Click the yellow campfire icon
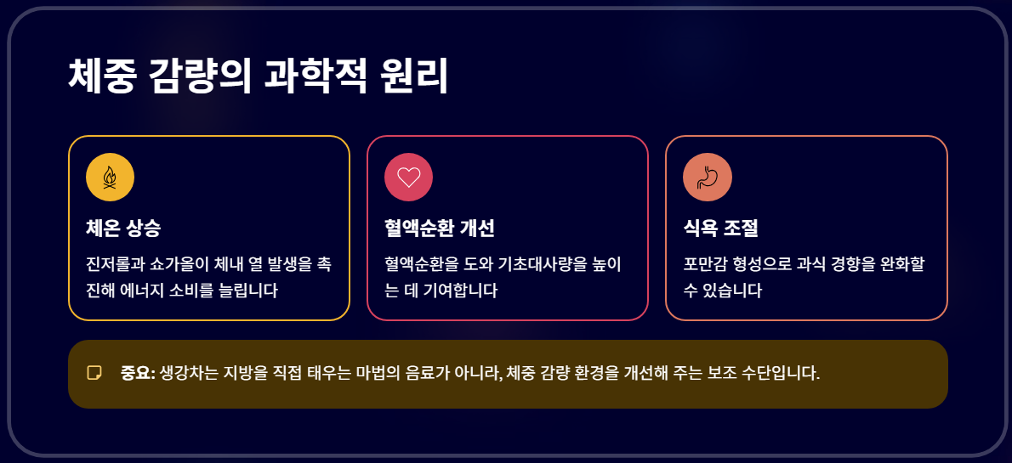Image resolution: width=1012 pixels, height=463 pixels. click(x=110, y=178)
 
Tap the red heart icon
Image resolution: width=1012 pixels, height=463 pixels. click(x=409, y=178)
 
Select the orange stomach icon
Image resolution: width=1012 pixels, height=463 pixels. click(x=708, y=178)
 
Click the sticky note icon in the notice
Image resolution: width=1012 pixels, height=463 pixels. click(x=94, y=373)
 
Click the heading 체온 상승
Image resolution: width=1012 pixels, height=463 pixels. click(x=123, y=229)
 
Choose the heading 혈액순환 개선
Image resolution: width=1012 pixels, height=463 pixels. click(x=439, y=229)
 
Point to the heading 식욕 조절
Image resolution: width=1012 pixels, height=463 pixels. click(x=720, y=229)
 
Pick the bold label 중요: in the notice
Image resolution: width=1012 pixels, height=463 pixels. click(x=138, y=373)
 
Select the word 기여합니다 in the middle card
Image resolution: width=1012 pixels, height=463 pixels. click(x=458, y=291)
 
